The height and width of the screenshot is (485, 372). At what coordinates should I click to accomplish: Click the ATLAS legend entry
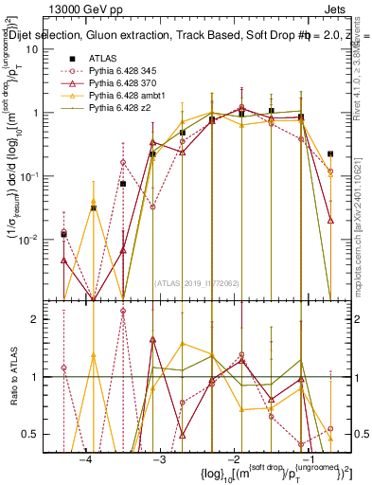pyautogui.click(x=105, y=58)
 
